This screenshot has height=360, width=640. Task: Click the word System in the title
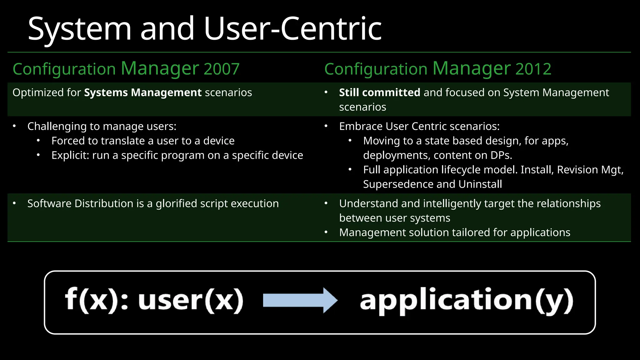coord(80,29)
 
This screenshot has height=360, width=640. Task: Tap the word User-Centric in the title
coord(293,29)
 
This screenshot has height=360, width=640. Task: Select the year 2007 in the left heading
coord(222,69)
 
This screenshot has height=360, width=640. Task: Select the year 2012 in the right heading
coord(533,69)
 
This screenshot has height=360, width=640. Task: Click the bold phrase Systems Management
coord(143,93)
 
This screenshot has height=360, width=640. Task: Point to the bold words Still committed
coord(379,93)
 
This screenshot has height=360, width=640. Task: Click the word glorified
coord(176,204)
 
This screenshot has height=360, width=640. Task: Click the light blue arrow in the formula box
coord(300,300)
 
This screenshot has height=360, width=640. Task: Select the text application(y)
coord(467,300)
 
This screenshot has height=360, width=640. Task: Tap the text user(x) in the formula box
coord(191,300)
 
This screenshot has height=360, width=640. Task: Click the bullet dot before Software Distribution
coord(14,203)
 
